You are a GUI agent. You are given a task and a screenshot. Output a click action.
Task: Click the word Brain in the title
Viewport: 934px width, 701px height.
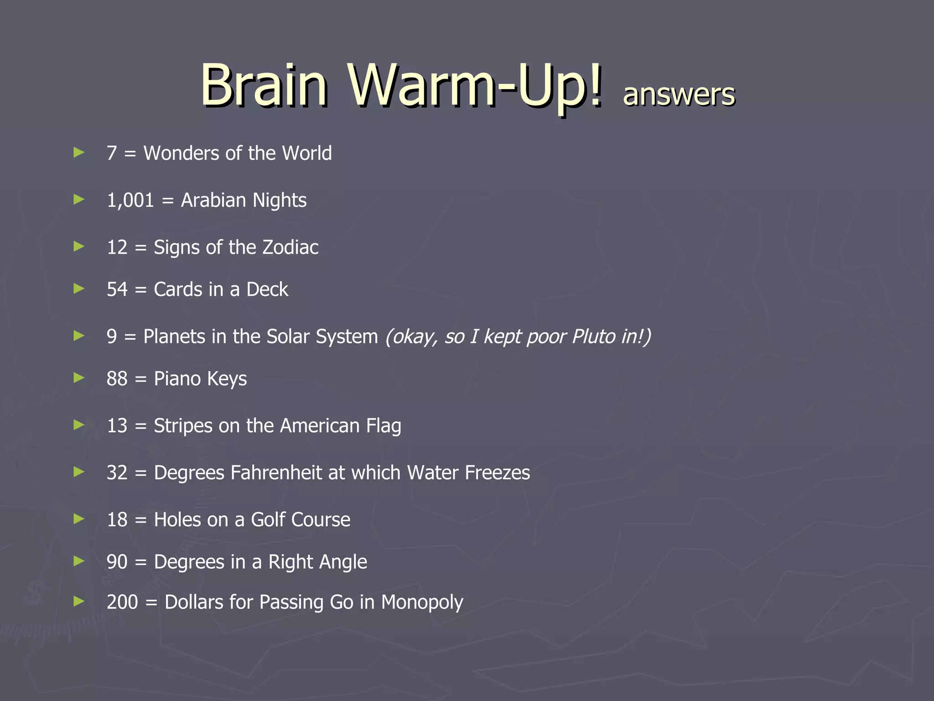pyautogui.click(x=264, y=85)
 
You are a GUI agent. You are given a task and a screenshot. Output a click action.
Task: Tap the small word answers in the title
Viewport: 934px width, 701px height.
pyautogui.click(x=679, y=94)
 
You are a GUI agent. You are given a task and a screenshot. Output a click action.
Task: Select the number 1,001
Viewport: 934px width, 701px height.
pyautogui.click(x=130, y=200)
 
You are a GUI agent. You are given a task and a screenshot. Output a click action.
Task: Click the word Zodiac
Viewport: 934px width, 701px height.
pyautogui.click(x=290, y=247)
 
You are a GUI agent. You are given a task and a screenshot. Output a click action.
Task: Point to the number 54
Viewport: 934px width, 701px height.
pyautogui.click(x=117, y=289)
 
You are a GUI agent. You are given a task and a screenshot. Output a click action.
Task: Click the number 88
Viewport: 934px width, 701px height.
pyautogui.click(x=117, y=379)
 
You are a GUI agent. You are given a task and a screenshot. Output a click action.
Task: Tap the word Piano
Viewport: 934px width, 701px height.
pyautogui.click(x=177, y=379)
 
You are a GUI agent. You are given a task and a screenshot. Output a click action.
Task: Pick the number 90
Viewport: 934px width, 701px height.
pyautogui.click(x=117, y=562)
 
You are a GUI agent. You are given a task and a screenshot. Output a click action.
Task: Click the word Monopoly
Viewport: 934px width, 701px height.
pyautogui.click(x=422, y=602)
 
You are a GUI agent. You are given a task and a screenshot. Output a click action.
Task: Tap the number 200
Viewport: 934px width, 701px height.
pyautogui.click(x=122, y=602)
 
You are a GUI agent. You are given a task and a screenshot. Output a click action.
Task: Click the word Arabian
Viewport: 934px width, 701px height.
pyautogui.click(x=213, y=200)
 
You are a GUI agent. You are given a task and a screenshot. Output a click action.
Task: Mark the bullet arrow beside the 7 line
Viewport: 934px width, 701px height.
pyautogui.click(x=79, y=152)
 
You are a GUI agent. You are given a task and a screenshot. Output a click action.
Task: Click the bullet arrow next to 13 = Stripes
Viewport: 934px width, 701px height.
pyautogui.click(x=79, y=425)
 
